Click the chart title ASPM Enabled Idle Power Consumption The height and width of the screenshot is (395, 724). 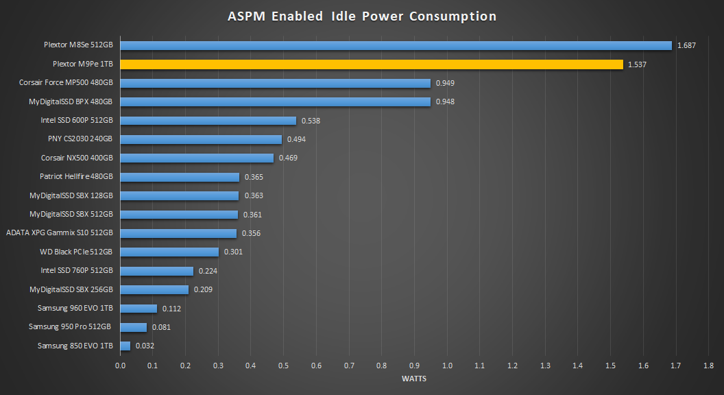[361, 16]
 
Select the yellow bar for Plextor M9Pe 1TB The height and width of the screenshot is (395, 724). [372, 64]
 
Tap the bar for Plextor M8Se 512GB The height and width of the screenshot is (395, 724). [396, 46]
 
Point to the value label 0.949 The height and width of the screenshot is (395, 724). [445, 83]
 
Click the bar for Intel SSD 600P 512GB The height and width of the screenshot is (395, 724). [208, 121]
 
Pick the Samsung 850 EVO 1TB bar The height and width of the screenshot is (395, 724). [125, 346]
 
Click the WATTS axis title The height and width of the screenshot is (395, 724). [413, 379]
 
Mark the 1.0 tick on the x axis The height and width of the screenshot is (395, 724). [447, 366]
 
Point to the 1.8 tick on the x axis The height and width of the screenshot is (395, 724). [708, 366]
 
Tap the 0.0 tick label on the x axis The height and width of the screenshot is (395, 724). [121, 366]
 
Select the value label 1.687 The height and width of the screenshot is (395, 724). [686, 46]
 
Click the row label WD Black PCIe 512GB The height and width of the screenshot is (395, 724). [76, 252]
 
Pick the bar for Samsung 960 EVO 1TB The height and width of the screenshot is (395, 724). [138, 309]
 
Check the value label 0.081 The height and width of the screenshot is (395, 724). [161, 327]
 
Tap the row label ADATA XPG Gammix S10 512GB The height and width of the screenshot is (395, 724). [59, 233]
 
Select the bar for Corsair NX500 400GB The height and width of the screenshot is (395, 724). [197, 158]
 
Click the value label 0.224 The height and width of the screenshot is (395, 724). [208, 271]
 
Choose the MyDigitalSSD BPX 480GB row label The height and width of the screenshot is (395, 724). [71, 101]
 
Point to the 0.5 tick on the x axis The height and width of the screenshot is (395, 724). [284, 366]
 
